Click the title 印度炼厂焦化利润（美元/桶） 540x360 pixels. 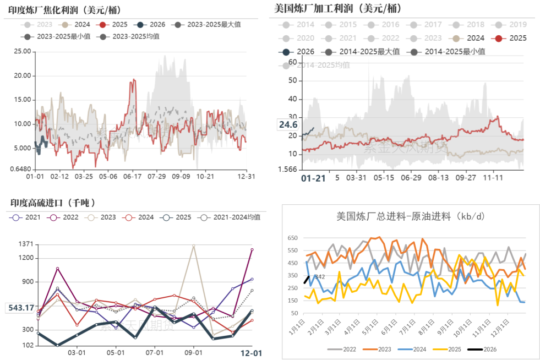(65, 10)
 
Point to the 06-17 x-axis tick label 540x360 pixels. (133, 177)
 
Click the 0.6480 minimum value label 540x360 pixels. (20, 169)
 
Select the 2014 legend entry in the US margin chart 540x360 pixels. (299, 24)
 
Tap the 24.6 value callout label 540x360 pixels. (288, 125)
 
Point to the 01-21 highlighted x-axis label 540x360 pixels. (313, 178)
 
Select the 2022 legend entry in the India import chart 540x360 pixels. (65, 217)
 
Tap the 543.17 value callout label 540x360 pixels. (21, 308)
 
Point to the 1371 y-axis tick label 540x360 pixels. (25, 244)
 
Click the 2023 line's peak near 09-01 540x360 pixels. (193, 246)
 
